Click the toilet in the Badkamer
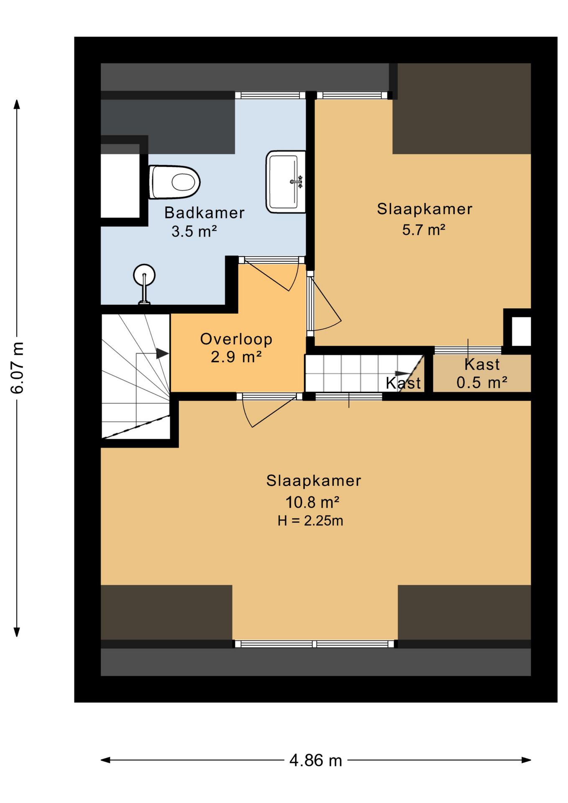pyautogui.click(x=174, y=182)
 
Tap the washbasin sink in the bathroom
pyautogui.click(x=286, y=182)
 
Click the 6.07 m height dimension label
pyautogui.click(x=17, y=368)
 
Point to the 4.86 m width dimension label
pyautogui.click(x=316, y=760)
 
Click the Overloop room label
pyautogui.click(x=236, y=339)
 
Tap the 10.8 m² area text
pyautogui.click(x=312, y=502)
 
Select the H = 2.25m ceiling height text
pyautogui.click(x=310, y=521)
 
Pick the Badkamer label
pyautogui.click(x=205, y=213)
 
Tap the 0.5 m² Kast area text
pyautogui.click(x=482, y=382)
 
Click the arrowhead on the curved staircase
pyautogui.click(x=162, y=353)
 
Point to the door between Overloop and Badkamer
pyautogui.click(x=271, y=274)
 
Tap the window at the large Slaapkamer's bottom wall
pyautogui.click(x=315, y=644)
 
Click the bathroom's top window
pyautogui.click(x=270, y=95)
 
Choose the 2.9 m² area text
pyautogui.click(x=236, y=357)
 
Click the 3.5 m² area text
pyautogui.click(x=194, y=231)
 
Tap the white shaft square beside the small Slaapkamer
pyautogui.click(x=521, y=331)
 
